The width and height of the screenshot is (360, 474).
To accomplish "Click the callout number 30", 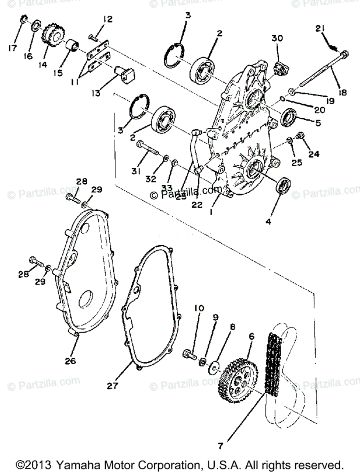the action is [x=277, y=38].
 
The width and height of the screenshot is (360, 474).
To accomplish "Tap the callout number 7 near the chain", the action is [x=220, y=446].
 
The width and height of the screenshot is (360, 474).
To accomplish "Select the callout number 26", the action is [x=71, y=361].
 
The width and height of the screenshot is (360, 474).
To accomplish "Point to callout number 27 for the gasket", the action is [x=112, y=385].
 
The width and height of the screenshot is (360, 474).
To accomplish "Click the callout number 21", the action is [x=320, y=28].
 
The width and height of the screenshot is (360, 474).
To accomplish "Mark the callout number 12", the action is [x=108, y=19].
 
